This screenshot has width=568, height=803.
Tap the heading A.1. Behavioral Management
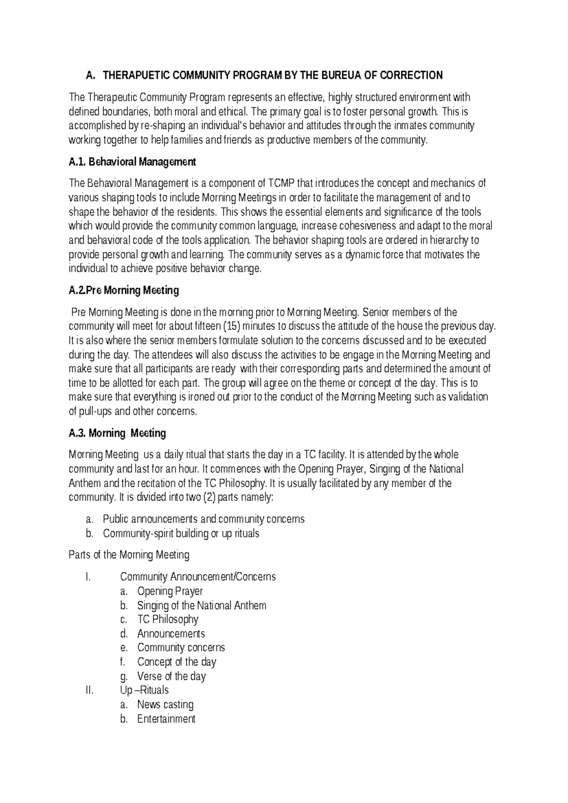(x=132, y=162)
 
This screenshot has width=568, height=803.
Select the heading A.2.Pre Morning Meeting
(x=124, y=291)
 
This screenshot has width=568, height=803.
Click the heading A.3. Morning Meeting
(x=117, y=433)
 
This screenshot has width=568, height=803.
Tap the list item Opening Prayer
(x=170, y=591)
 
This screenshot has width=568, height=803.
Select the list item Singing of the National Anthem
(x=202, y=606)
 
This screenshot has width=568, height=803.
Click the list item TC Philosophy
(x=168, y=619)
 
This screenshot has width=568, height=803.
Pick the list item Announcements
(x=171, y=633)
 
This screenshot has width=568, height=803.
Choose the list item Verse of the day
(x=171, y=676)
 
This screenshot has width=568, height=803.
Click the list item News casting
(x=165, y=705)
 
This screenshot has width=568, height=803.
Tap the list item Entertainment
(x=166, y=719)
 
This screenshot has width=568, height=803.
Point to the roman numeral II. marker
(x=89, y=690)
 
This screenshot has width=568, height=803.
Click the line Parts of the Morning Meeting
(x=129, y=555)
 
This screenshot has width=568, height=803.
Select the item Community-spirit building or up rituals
(x=181, y=534)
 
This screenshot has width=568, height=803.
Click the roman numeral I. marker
(x=87, y=577)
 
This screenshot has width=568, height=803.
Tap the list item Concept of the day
(x=177, y=662)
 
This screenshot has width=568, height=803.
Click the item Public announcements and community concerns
(x=204, y=519)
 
